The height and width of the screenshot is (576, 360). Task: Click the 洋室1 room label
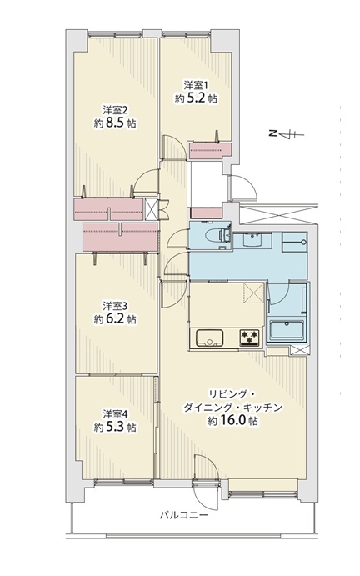196,86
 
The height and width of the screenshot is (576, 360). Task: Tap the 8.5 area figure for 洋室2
115,123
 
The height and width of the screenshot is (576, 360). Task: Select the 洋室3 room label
115,306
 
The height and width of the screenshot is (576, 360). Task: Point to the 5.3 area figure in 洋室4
115,428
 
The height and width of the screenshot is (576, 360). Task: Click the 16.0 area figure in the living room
232,421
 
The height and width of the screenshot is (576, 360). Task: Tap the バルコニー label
183,515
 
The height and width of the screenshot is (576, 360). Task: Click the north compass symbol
287,134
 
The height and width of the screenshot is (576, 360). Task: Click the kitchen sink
209,338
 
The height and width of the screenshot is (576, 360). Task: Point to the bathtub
287,330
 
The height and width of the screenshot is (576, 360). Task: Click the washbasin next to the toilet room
252,240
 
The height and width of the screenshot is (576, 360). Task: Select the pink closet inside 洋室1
210,151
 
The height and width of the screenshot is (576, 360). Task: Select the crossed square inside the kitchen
254,292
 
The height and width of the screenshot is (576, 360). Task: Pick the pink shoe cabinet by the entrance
207,213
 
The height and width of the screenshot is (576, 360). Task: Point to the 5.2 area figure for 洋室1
196,98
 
